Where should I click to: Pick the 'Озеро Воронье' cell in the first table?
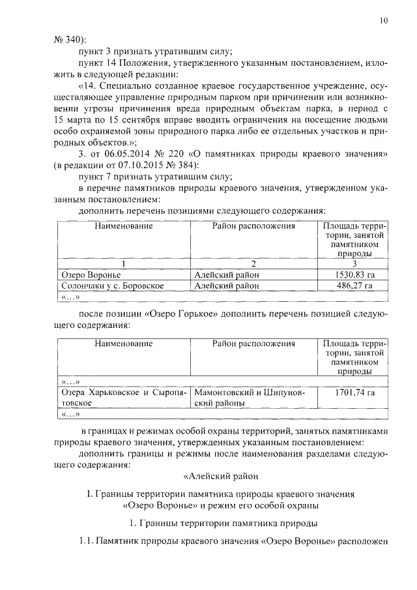click(x=87, y=275)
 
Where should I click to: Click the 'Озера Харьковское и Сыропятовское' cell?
click(x=123, y=398)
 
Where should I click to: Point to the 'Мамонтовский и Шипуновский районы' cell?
click(x=253, y=398)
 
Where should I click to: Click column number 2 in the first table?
click(x=253, y=264)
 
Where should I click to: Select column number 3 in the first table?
click(x=354, y=264)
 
